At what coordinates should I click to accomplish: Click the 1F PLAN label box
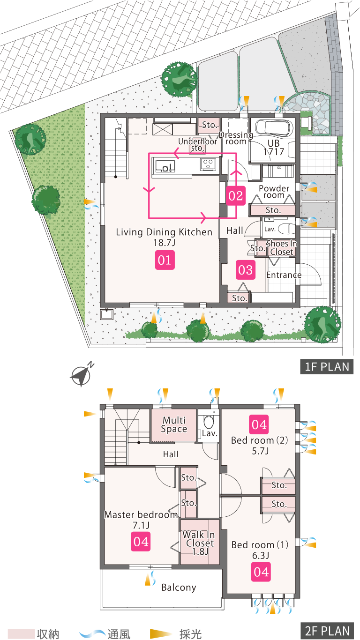coord(327,366)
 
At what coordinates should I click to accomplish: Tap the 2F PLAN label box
coord(327,631)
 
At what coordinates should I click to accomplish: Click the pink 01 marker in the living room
coord(165,260)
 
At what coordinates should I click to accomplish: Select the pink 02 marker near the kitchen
coord(236,196)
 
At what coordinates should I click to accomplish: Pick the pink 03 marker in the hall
coord(245,270)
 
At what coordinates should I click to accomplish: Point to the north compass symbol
coord(82,374)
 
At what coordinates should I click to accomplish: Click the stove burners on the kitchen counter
coord(208,164)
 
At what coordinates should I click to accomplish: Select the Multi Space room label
coord(174,424)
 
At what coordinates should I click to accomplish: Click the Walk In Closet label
coord(199,543)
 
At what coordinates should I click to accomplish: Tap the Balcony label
coord(179,588)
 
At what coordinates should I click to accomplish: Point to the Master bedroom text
coord(141,514)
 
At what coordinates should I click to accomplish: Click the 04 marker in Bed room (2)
coord(259,424)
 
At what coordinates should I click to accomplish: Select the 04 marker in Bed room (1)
coord(261,572)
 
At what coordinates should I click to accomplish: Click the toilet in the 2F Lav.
coord(209,422)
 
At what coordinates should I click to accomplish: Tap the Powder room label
coord(274,192)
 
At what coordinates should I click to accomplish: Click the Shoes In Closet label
coord(282,248)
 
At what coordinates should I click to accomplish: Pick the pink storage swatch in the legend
coord(21,633)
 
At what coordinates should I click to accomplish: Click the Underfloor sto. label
coord(198,145)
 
